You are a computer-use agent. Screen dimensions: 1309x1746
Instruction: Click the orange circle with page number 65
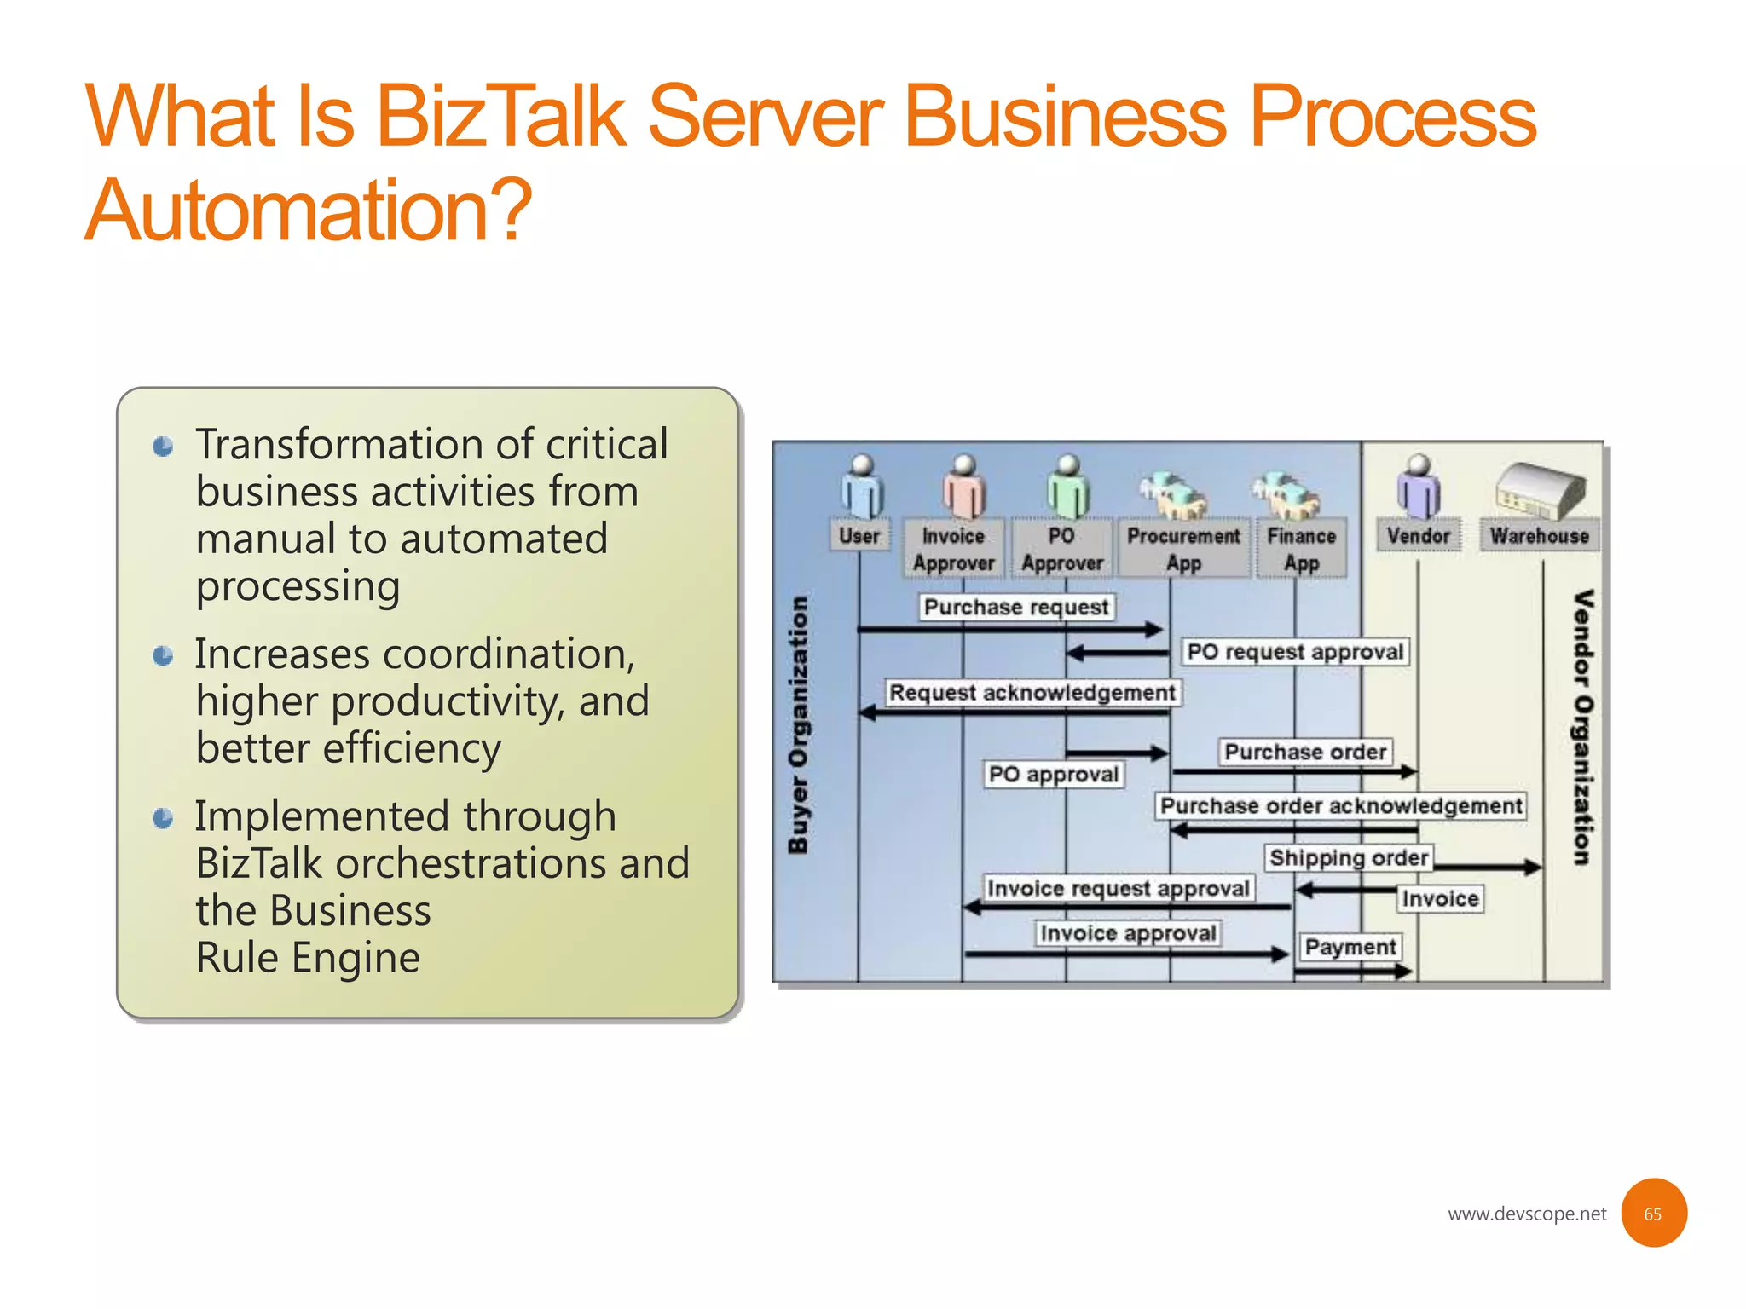(1653, 1213)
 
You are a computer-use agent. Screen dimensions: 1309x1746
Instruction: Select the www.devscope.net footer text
(1526, 1214)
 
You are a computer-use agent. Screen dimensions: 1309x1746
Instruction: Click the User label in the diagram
(859, 536)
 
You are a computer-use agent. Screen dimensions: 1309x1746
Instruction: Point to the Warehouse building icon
(1540, 490)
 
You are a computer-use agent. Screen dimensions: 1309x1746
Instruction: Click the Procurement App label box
(1183, 549)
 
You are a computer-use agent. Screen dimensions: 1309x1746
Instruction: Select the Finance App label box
(1301, 549)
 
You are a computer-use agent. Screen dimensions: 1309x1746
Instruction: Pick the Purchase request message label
(1016, 608)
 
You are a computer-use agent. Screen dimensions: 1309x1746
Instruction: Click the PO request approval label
(1295, 652)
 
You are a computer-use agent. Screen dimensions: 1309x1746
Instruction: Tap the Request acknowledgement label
(1032, 693)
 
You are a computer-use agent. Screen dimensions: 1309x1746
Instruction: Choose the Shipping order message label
(1348, 857)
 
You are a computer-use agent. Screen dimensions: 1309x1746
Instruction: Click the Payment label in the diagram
(1350, 947)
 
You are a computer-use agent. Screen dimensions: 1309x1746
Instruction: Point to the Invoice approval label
(1128, 933)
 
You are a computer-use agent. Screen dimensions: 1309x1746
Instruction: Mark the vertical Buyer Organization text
(797, 724)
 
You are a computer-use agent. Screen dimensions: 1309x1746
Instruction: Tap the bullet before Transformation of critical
(163, 447)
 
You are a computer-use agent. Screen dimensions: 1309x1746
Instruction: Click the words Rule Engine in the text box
(308, 958)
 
